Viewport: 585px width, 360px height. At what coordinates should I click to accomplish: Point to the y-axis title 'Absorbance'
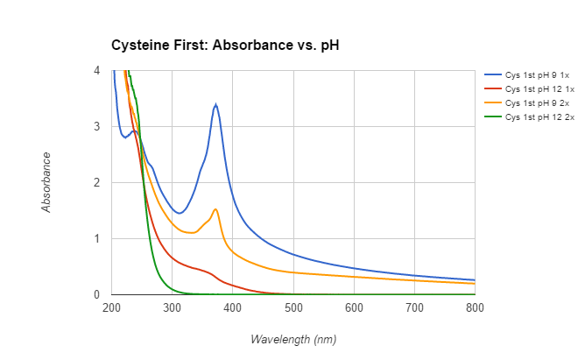click(46, 182)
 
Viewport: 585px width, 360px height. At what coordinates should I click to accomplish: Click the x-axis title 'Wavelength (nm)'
click(293, 339)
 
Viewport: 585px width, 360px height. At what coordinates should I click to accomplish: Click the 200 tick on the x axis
click(111, 307)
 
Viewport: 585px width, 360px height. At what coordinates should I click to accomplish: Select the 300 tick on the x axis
click(172, 307)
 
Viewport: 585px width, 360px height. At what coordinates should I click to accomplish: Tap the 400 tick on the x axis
click(233, 307)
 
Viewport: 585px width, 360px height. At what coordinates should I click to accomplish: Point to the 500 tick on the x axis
click(293, 307)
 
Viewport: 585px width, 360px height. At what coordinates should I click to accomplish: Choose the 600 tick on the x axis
click(354, 307)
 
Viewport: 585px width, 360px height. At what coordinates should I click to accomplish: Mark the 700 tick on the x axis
click(414, 307)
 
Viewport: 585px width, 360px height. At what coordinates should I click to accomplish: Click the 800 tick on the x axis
click(475, 307)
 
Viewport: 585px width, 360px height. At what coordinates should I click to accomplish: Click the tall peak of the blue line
click(215, 104)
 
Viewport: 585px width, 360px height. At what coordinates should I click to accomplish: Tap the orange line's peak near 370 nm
click(215, 209)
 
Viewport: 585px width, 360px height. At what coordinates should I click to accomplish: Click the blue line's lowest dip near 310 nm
click(179, 213)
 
